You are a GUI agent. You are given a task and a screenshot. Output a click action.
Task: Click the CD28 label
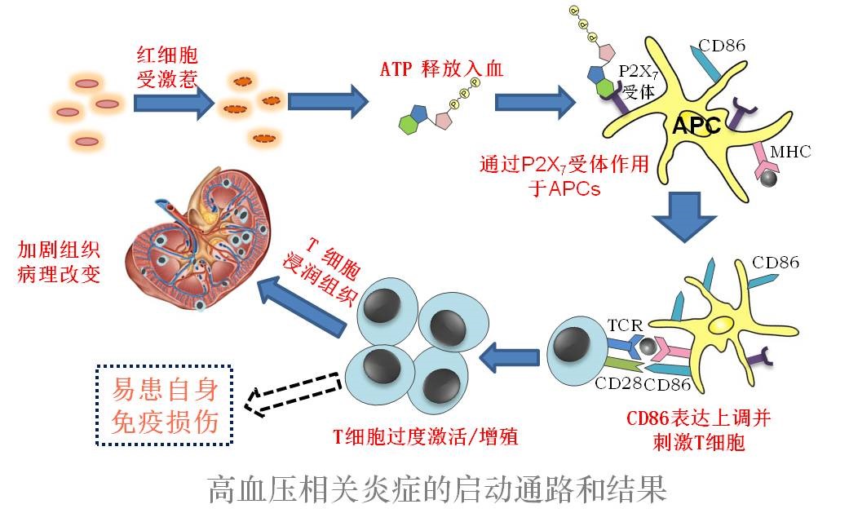tap(617, 382)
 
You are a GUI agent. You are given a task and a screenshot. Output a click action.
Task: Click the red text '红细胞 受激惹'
tap(166, 67)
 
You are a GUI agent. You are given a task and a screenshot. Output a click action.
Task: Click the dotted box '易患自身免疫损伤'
tap(164, 405)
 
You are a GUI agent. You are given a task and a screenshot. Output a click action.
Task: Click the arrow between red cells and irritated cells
tap(166, 104)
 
